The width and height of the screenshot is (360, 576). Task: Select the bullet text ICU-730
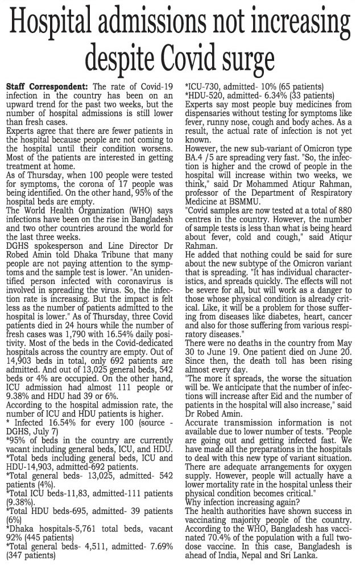pos(204,87)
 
